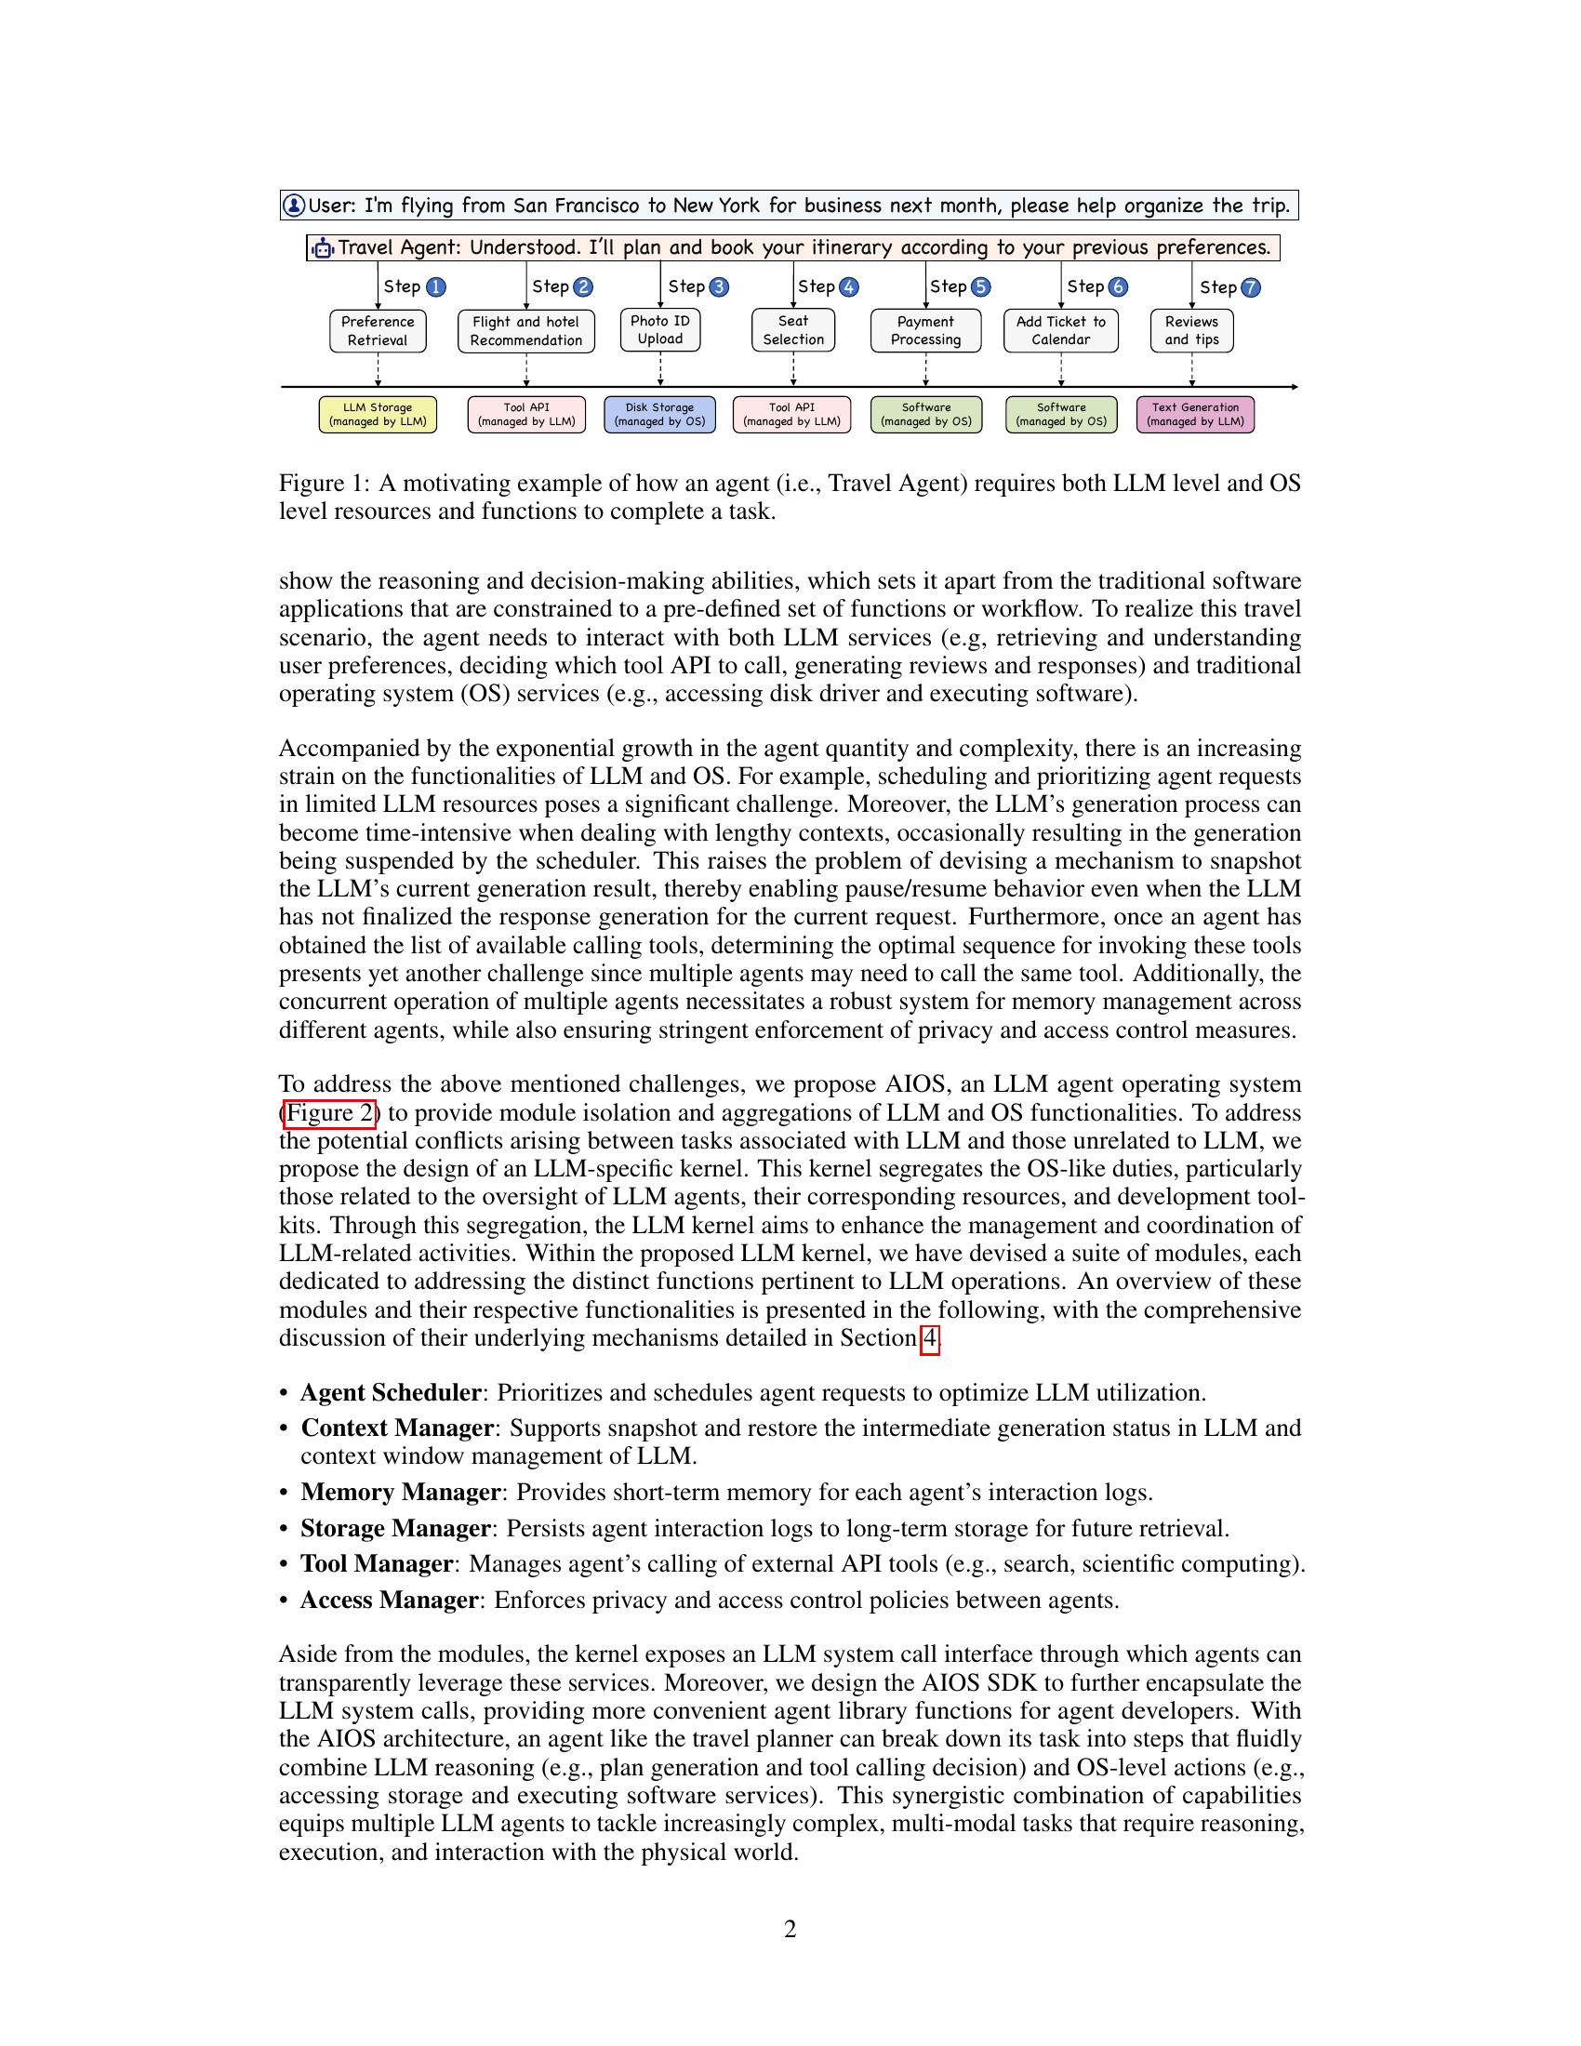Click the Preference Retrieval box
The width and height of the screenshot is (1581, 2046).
[x=378, y=332]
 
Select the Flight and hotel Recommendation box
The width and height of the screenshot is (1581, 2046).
[x=525, y=332]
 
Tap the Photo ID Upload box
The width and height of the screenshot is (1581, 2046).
[x=659, y=331]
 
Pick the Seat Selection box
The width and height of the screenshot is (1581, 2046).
[x=792, y=331]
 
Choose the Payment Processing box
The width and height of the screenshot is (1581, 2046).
[x=925, y=331]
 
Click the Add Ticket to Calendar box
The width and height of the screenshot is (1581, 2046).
[x=1060, y=331]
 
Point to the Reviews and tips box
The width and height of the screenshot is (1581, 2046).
[x=1191, y=331]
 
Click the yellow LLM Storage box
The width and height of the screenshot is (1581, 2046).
[x=378, y=414]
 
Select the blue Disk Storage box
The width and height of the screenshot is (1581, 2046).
[x=659, y=414]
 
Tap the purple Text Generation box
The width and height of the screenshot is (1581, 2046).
[x=1195, y=414]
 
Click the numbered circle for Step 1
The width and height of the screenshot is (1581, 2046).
[x=435, y=287]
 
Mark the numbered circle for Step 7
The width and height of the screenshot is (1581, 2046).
[x=1250, y=287]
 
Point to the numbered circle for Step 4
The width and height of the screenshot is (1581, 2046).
[x=848, y=287]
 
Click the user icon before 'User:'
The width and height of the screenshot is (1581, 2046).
[x=294, y=206]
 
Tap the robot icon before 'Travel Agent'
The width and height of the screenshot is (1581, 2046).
[x=323, y=248]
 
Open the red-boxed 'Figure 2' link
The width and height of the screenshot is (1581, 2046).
[x=330, y=1113]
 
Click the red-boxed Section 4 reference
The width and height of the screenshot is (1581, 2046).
[x=929, y=1338]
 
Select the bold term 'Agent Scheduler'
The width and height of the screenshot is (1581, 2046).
[x=391, y=1393]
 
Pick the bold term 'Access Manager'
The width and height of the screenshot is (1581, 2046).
[x=390, y=1601]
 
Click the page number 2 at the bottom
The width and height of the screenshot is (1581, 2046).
[x=790, y=1930]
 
